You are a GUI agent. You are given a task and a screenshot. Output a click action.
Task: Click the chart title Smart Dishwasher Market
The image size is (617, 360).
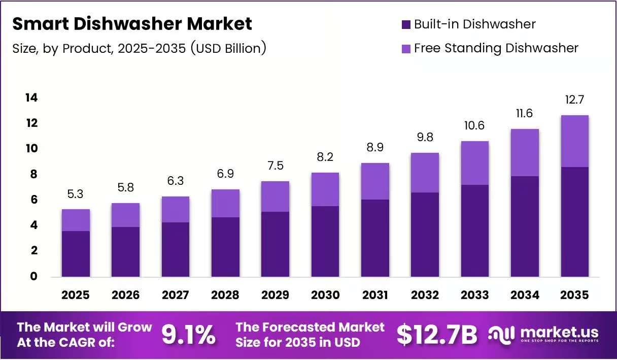pos(132,24)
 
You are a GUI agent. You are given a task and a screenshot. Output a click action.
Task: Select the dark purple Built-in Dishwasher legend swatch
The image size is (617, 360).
pos(406,24)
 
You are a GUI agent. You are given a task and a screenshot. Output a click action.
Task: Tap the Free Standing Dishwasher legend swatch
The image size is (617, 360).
pos(406,49)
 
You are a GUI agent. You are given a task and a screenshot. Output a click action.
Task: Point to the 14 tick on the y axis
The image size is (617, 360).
pos(31,97)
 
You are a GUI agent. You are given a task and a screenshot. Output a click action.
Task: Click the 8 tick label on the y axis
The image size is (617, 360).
pos(33,174)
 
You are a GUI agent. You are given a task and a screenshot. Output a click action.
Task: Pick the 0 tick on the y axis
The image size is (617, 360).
pos(33,276)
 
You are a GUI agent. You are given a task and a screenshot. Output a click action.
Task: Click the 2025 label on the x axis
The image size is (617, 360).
pos(76,295)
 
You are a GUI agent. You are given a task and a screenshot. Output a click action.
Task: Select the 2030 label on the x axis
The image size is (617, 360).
pos(325,295)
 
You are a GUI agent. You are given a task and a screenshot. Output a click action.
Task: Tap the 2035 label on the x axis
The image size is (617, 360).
pos(574,295)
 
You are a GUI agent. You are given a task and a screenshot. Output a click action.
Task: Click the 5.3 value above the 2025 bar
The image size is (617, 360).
pos(75,194)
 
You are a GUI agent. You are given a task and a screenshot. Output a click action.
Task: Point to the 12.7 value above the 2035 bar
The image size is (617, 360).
pos(574,100)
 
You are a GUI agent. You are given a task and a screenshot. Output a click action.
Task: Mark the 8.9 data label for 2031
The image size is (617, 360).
pos(375,147)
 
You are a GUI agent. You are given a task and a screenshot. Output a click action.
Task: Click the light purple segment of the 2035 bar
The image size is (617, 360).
pos(574,141)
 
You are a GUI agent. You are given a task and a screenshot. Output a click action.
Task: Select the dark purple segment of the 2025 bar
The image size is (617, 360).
pos(76,254)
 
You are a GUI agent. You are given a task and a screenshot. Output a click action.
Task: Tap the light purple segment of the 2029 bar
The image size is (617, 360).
pos(275,197)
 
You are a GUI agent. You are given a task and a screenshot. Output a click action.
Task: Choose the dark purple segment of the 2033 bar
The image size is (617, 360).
pos(475,231)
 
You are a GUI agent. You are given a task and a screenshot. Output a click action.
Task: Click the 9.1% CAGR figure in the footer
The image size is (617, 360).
pos(188,335)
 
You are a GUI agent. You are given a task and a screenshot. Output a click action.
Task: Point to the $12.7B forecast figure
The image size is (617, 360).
pos(437,335)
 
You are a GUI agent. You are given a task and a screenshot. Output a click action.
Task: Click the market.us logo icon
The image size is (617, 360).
pos(501,335)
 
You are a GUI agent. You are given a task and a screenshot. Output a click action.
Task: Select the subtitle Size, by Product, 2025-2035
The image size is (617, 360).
pos(99,49)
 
